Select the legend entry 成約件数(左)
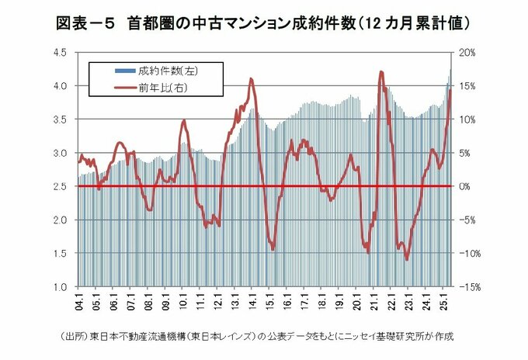pos(158,69)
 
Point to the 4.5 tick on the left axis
pos(64,52)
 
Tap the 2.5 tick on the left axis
pos(64,186)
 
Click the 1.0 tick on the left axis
pos(64,287)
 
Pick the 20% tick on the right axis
pos(470,52)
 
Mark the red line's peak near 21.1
pos(381,72)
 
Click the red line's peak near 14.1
pos(251,78)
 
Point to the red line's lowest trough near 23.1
pos(407,260)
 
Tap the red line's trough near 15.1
pos(273,249)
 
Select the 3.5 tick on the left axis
pos(64,119)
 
